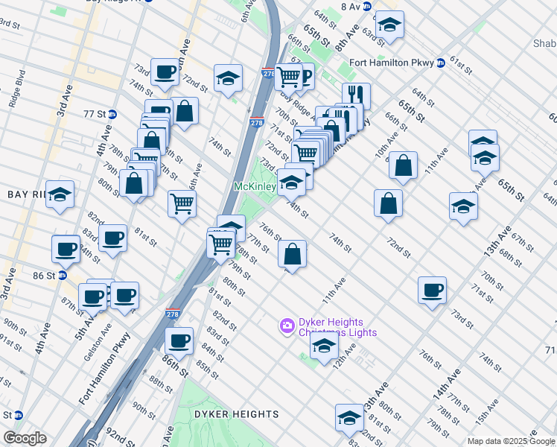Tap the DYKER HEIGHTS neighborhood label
[x=226, y=414]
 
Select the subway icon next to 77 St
[x=112, y=114]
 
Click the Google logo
[x=24, y=438]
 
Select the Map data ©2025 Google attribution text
[x=511, y=441]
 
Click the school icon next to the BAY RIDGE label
[x=60, y=195]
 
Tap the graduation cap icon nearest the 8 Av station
[x=389, y=26]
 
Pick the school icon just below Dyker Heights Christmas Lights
[x=324, y=346]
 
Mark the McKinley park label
[x=255, y=186]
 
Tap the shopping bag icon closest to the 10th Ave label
[x=403, y=168]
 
